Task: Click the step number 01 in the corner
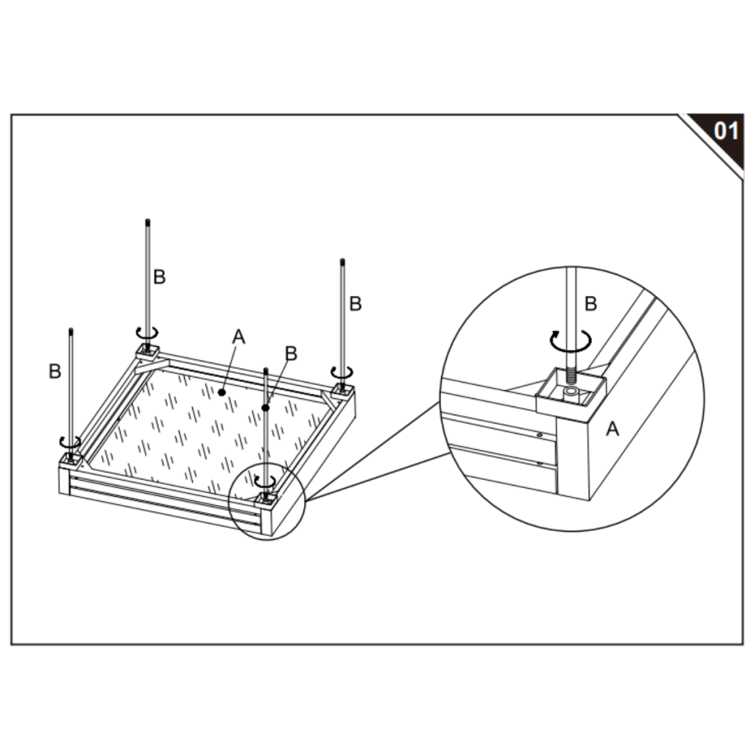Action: [725, 130]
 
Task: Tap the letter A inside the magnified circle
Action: [612, 429]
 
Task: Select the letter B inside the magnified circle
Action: [591, 304]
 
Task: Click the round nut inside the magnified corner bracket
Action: [571, 391]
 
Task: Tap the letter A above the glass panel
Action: [239, 337]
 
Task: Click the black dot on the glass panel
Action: [222, 392]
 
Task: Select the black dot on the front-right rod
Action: [265, 408]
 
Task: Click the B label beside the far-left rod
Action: [54, 371]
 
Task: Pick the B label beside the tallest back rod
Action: [159, 277]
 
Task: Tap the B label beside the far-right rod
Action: [356, 304]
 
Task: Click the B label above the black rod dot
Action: [291, 353]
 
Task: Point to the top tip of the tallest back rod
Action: [147, 221]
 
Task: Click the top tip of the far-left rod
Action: [71, 330]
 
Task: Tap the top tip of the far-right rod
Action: [342, 261]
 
